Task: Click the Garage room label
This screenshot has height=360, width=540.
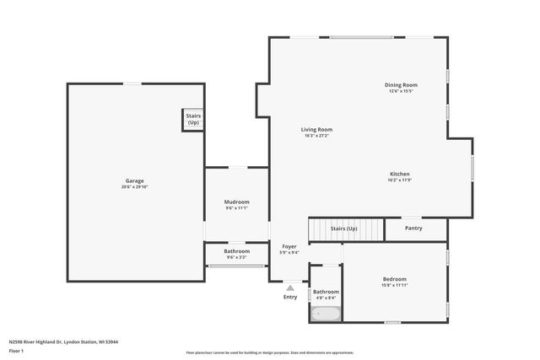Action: click(134, 180)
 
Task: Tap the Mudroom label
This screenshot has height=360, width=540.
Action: click(236, 201)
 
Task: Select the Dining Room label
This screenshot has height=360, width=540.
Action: click(401, 85)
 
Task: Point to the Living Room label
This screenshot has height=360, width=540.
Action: click(317, 130)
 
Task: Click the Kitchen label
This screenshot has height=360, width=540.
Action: click(399, 175)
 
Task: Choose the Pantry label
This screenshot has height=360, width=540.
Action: click(413, 228)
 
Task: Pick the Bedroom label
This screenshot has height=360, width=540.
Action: click(394, 279)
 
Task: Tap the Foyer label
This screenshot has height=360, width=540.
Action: click(289, 247)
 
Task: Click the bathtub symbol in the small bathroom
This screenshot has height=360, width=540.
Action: click(325, 314)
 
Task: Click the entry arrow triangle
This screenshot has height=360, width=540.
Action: click(290, 287)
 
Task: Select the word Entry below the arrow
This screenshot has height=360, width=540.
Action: click(290, 297)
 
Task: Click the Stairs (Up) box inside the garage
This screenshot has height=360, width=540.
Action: click(193, 120)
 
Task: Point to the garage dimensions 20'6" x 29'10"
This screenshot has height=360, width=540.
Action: click(134, 187)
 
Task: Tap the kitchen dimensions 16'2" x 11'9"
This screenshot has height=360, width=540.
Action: click(399, 180)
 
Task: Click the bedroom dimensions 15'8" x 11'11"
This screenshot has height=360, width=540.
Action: click(394, 286)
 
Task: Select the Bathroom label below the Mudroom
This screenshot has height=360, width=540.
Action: click(236, 250)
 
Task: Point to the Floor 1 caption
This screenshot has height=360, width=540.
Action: click(18, 351)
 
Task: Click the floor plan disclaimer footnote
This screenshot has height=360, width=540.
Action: click(270, 352)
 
